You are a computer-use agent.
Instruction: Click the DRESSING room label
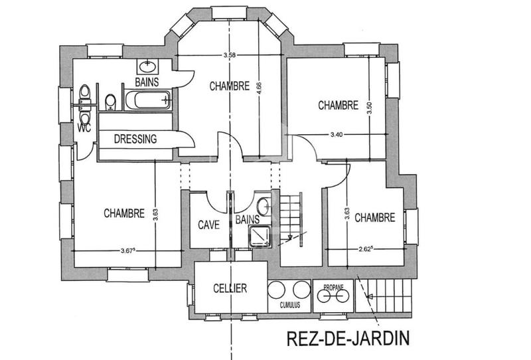pos(135,139)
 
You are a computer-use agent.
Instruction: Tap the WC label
pos(84,128)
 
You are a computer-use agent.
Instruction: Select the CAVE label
pos(208,224)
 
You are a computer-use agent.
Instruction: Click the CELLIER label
pos(230,288)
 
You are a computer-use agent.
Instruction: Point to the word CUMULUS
pos(290,306)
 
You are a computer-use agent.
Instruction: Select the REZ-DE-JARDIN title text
pos(348,338)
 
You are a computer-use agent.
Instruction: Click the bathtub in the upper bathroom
pos(148,102)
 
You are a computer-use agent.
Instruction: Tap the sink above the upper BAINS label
pos(147,66)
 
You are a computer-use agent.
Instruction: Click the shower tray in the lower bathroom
pos(258,234)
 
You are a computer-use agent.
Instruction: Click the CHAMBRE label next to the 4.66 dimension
pos(229,86)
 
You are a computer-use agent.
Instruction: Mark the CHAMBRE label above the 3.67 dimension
pos(124,213)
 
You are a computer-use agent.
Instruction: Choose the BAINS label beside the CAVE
pos(247,219)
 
